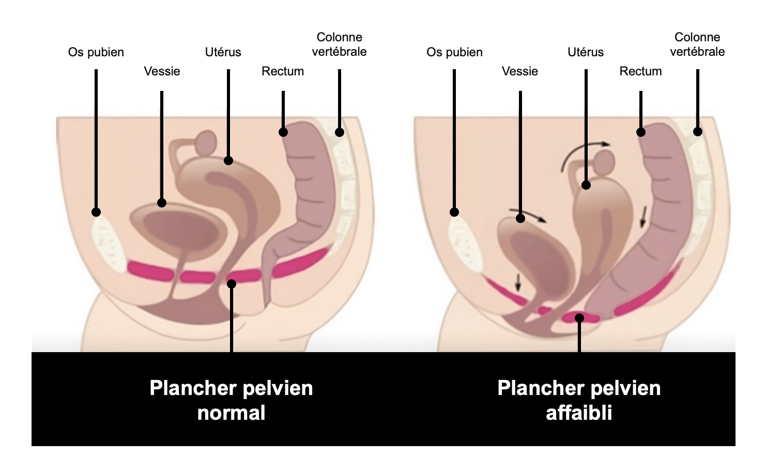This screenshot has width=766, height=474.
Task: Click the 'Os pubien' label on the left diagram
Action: click(96, 52)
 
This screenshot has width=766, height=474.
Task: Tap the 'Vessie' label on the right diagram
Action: click(519, 71)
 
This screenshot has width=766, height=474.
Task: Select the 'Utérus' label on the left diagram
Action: click(223, 52)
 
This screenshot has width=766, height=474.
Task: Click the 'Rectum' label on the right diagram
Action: click(640, 71)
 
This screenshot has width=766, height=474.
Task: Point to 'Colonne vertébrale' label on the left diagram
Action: click(339, 44)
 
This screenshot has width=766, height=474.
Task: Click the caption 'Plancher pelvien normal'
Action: click(231, 400)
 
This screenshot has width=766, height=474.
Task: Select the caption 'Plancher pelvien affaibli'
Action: click(579, 400)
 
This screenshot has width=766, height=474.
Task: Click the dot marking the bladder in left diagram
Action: click(162, 203)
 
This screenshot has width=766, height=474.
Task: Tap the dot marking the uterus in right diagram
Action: click(586, 185)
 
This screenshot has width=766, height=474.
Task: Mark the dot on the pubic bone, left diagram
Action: click(96, 212)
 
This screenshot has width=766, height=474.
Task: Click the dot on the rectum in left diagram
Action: click(283, 132)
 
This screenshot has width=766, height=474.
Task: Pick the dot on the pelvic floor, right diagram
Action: click(579, 318)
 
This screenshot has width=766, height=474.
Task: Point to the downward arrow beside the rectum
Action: click(643, 216)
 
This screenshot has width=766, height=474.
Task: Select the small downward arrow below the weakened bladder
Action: click(518, 282)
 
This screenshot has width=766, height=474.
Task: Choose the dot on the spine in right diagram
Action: click(697, 132)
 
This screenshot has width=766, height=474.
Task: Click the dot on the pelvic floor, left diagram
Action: click(232, 283)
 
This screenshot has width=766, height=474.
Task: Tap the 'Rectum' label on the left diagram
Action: click(283, 71)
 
